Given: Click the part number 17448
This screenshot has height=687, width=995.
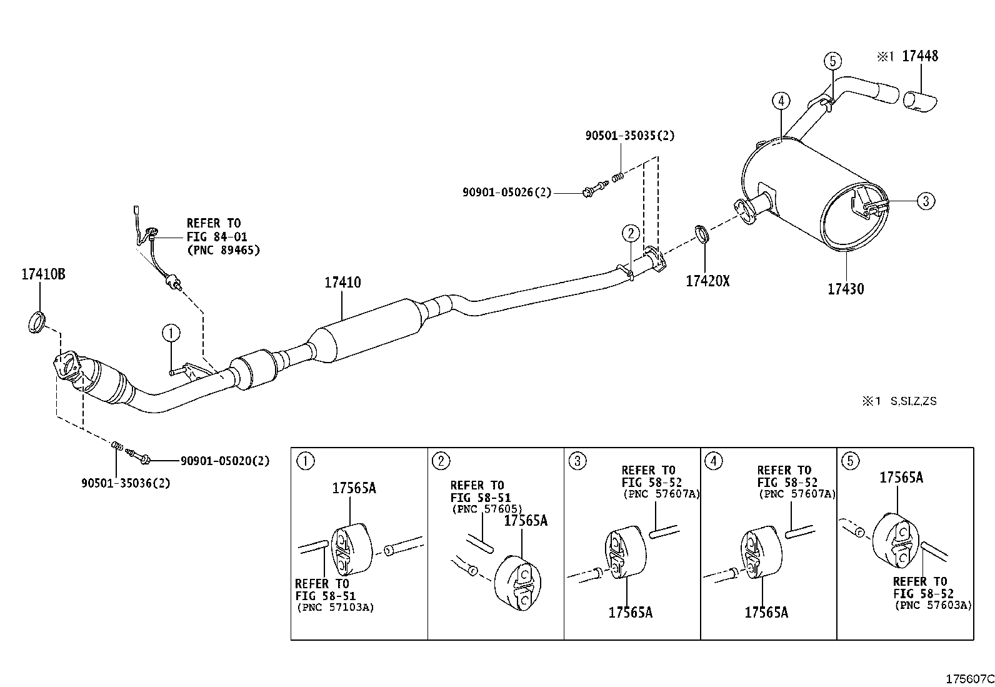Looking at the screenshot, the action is tap(920, 56).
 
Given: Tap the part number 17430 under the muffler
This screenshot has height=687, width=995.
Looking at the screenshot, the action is tap(846, 289).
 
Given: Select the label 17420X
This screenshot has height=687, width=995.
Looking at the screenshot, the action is tap(707, 281).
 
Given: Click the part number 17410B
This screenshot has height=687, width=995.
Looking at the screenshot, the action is tap(44, 274).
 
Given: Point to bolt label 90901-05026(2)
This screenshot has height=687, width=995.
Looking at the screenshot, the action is tap(507, 193).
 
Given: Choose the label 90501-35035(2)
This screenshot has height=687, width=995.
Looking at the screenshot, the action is tap(630, 136).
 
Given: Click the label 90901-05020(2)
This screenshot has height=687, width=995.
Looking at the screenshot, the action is tap(225, 461).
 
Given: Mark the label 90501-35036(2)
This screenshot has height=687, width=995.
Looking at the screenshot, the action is tap(126, 483).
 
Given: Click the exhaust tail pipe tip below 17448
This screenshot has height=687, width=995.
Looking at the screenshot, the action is tap(920, 101).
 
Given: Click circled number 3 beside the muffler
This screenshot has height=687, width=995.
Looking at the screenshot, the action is tap(926, 201).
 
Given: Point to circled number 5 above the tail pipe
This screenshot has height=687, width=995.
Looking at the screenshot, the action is tap(832, 61).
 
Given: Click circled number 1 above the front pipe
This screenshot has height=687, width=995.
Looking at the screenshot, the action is tap(171, 333).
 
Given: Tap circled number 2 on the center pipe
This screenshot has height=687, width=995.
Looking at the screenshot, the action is tap(631, 233).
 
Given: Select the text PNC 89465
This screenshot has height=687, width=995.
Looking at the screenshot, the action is tap(223, 250).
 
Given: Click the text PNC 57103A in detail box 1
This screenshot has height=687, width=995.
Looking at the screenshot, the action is tap(336, 607).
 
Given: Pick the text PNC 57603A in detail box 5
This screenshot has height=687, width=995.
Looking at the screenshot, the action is tap(933, 604).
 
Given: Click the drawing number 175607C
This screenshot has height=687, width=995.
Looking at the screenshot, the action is tap(969, 678).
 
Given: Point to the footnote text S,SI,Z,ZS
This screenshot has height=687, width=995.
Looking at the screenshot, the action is tap(913, 401).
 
